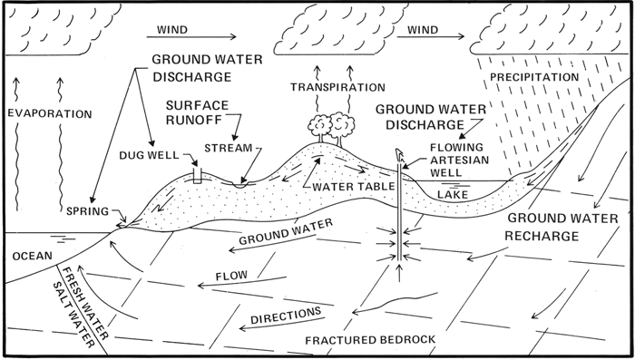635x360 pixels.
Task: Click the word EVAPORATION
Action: (50, 113)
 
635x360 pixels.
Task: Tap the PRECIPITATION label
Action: (534, 77)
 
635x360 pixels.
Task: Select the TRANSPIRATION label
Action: (337, 87)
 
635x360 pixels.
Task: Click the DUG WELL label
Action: (149, 155)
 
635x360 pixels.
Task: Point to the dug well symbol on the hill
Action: (197, 175)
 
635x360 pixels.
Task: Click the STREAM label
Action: (229, 148)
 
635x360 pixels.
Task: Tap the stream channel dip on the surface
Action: (239, 184)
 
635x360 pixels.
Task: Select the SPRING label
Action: (87, 211)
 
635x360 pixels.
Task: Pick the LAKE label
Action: (453, 195)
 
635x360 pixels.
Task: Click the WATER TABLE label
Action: (354, 186)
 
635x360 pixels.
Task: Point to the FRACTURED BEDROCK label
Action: (370, 340)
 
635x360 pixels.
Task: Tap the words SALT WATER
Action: (73, 315)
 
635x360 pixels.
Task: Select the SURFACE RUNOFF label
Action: (197, 112)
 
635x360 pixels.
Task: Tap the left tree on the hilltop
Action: (320, 128)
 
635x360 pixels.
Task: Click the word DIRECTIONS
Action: (286, 316)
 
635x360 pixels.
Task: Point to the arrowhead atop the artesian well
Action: (399, 154)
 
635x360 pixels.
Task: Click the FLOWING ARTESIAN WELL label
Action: (459, 160)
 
